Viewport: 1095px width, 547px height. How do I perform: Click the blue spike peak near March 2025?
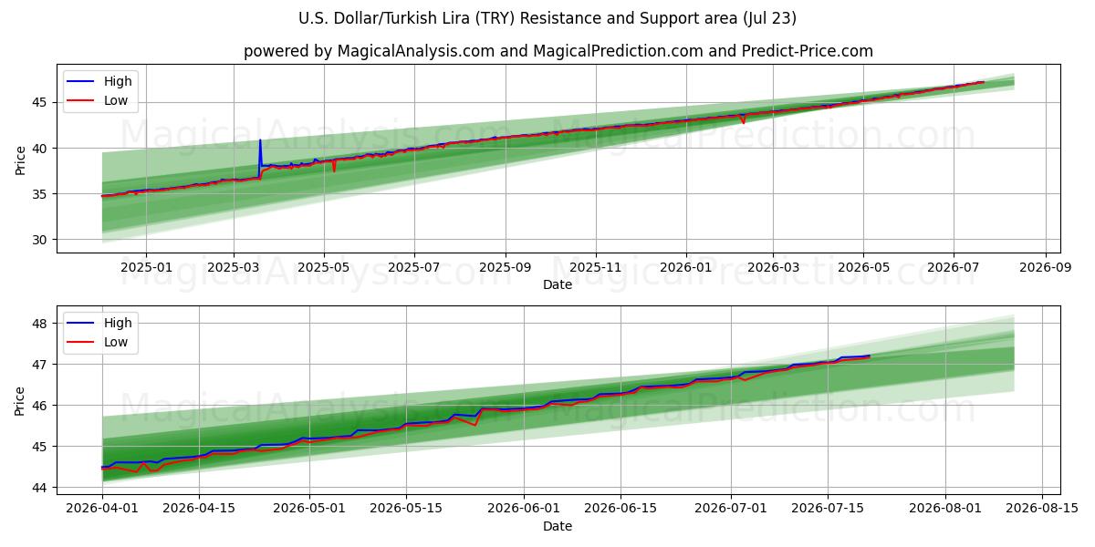coord(260,140)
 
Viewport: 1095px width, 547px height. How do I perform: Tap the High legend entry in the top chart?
coord(99,81)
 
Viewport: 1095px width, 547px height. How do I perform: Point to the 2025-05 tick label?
coord(324,268)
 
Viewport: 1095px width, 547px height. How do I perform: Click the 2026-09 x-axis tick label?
coord(1046,268)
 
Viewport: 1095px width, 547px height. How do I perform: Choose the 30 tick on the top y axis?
coord(39,240)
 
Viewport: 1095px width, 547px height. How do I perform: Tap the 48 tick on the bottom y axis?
coord(39,324)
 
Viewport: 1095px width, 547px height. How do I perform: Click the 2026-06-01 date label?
coord(524,508)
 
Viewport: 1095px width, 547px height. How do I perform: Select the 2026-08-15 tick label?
coord(1042,508)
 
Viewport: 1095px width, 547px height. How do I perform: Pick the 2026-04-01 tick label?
coord(102,508)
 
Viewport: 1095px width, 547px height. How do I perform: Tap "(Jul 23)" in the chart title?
coord(769,18)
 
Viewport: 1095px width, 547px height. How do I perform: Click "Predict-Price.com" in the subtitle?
coord(807,51)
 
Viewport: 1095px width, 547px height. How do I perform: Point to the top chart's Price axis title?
coord(20,160)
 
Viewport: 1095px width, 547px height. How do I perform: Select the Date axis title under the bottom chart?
coord(558,526)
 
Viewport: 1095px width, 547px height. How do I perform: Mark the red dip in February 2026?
coord(744,121)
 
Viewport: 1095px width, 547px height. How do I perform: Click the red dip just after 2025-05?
coord(334,170)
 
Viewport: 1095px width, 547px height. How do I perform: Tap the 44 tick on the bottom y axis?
coord(39,488)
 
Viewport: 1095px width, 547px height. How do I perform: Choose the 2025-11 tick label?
coord(595,268)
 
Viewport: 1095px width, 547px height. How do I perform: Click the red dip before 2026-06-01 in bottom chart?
coord(474,425)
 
